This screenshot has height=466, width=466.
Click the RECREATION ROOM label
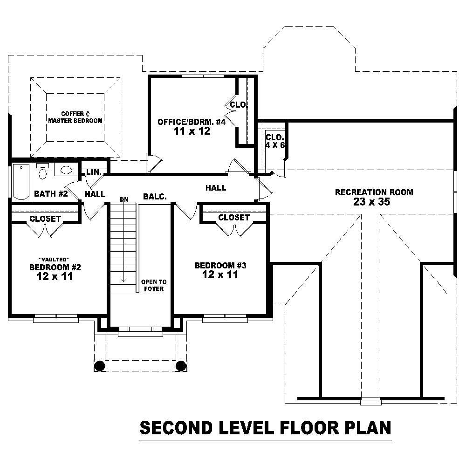pos(374,192)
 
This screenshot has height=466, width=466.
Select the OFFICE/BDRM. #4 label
pos(191,122)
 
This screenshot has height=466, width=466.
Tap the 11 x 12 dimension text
pos(191,131)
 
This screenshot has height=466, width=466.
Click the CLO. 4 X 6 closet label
pos(274,141)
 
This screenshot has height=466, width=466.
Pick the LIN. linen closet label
pos(94,172)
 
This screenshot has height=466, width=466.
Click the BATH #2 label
pos(51,194)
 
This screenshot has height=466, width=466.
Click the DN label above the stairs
pos(123,199)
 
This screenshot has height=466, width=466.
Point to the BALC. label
pos(155,197)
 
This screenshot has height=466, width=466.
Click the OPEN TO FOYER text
pos(154,285)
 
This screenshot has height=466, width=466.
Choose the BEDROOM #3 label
pos(220,266)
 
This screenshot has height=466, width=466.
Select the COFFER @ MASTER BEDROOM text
pos(75,117)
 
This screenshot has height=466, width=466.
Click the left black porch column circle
pos(99,365)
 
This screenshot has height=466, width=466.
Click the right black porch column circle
pos(180,365)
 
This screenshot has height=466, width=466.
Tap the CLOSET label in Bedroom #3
pos(233,218)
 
